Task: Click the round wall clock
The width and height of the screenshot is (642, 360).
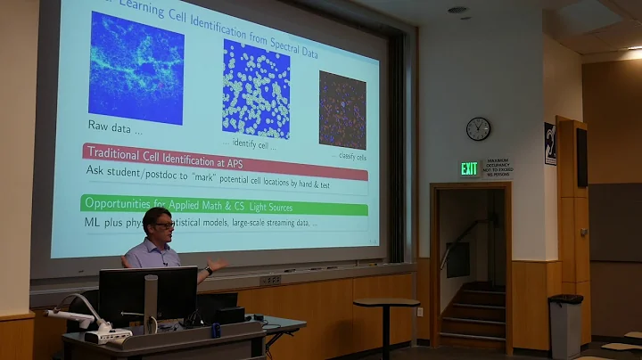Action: click(478, 128)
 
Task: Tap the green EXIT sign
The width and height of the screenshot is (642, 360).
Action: click(469, 168)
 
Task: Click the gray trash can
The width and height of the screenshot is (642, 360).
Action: click(564, 325)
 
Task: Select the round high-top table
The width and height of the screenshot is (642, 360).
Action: click(385, 305)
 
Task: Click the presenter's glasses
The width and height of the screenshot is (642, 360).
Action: click(163, 225)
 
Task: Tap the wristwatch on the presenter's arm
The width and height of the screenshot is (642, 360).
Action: click(208, 268)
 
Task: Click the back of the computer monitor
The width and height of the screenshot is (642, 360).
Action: click(148, 293)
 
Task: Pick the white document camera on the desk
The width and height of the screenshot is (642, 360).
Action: click(89, 321)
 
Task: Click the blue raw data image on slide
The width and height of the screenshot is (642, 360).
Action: click(136, 69)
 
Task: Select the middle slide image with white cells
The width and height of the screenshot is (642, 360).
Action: click(256, 88)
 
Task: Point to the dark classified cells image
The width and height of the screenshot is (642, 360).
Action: click(342, 110)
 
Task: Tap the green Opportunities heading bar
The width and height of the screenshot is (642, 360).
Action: click(224, 206)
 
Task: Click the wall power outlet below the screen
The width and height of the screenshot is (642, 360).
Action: click(270, 280)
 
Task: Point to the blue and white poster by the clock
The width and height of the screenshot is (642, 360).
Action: click(550, 143)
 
